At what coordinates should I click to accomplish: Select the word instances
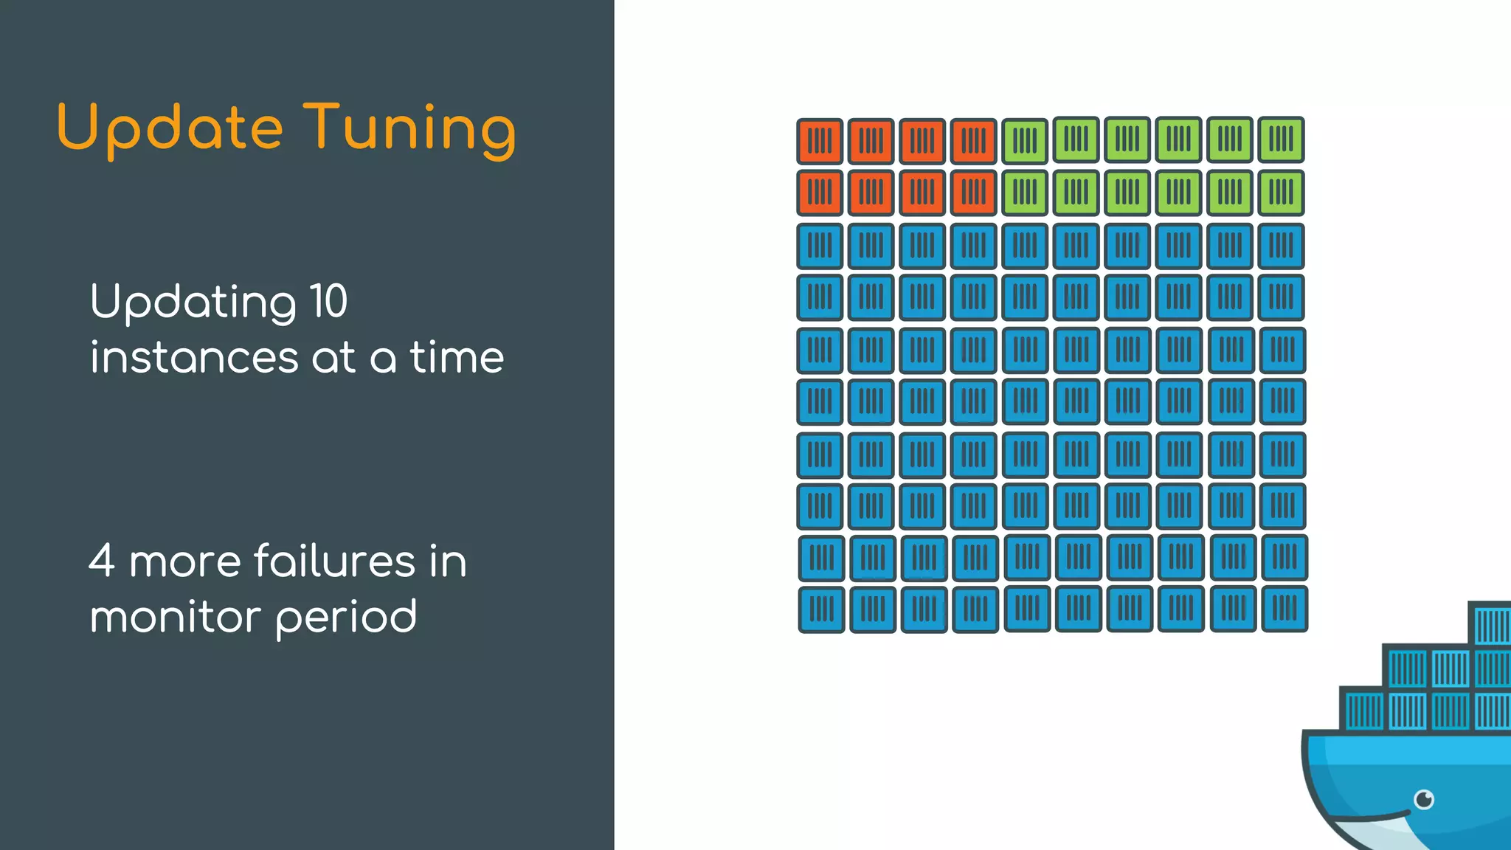click(194, 358)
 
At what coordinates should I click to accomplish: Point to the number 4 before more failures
click(102, 561)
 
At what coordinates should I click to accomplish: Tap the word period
click(346, 618)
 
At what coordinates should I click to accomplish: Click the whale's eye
click(1424, 799)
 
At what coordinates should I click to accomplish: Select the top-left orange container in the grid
click(820, 140)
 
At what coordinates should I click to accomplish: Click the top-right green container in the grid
click(1281, 139)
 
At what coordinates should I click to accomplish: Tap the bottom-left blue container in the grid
click(821, 609)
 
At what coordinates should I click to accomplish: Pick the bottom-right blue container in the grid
click(1284, 609)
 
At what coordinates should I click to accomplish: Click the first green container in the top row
click(1025, 140)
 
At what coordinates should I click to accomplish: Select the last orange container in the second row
click(973, 193)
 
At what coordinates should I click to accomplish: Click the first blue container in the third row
click(820, 246)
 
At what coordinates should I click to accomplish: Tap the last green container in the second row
click(1281, 193)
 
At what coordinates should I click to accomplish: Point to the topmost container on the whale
click(1490, 624)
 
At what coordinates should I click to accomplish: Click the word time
click(457, 358)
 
